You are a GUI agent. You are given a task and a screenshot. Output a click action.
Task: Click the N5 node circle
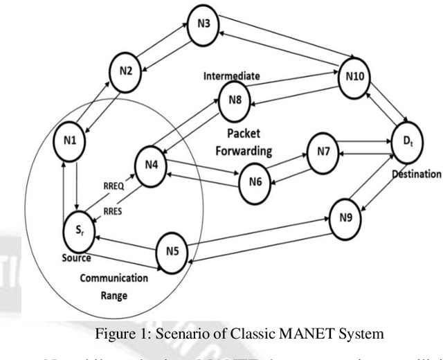[173, 250]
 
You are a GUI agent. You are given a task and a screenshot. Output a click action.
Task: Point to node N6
[255, 181]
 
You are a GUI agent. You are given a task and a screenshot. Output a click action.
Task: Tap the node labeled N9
[346, 217]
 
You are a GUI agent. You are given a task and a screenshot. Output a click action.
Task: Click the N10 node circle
[354, 77]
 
